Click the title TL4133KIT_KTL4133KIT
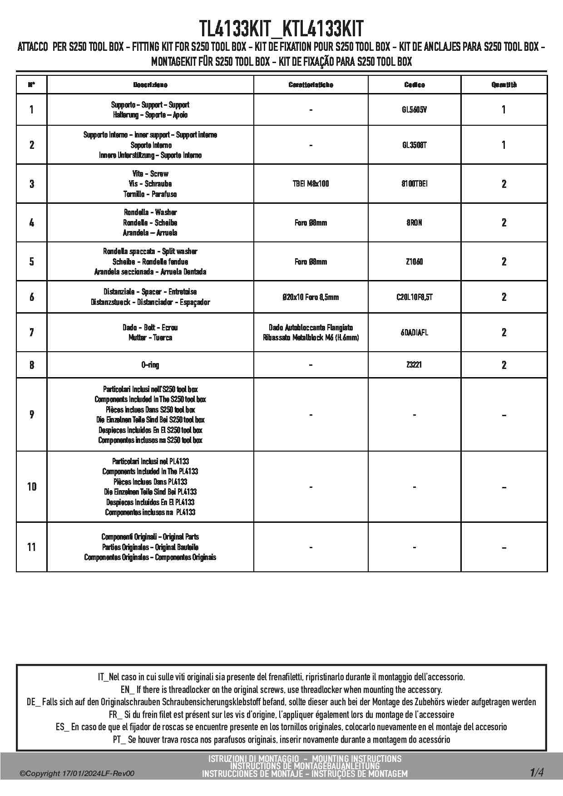pyautogui.click(x=281, y=29)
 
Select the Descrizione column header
pyautogui.click(x=150, y=85)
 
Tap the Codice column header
pyautogui.click(x=414, y=85)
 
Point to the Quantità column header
pyautogui.click(x=504, y=85)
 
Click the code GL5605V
pyautogui.click(x=414, y=110)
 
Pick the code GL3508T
pyautogui.click(x=414, y=145)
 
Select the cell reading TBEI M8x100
pyautogui.click(x=311, y=184)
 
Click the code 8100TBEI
pyautogui.click(x=414, y=184)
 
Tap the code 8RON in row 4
pyautogui.click(x=414, y=223)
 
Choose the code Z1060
pyautogui.click(x=414, y=262)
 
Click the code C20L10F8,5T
pyautogui.click(x=414, y=297)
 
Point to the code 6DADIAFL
pyautogui.click(x=414, y=333)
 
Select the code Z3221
pyautogui.click(x=414, y=365)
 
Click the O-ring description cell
pyautogui.click(x=150, y=365)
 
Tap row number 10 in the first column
pyautogui.click(x=32, y=486)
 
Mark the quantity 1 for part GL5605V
pyautogui.click(x=504, y=110)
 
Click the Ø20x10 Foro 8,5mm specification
pyautogui.click(x=311, y=297)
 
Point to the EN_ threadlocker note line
pyautogui.click(x=281, y=690)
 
